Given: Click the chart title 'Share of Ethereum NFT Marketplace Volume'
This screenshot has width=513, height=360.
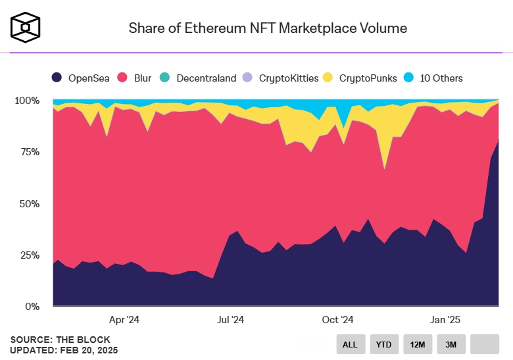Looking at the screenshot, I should tap(267, 28).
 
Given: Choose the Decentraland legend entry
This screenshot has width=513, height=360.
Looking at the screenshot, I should tap(198, 78).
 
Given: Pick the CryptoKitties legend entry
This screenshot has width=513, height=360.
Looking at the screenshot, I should tap(281, 78).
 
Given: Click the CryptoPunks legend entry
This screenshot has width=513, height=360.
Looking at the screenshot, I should tap(360, 78).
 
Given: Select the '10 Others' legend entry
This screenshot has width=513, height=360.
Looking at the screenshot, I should tap(433, 78).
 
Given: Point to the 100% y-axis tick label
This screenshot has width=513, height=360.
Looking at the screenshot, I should tap(27, 101).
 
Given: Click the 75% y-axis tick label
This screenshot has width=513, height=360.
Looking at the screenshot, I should tap(29, 152).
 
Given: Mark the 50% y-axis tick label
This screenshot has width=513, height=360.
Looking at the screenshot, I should tap(29, 203).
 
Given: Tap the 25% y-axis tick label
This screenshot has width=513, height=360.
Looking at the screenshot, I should tap(29, 255).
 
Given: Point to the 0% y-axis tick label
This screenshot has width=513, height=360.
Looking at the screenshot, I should tap(32, 306).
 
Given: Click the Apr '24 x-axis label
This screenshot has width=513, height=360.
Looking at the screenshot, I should tap(124, 320).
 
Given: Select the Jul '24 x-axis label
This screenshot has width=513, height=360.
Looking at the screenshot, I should tap(231, 320).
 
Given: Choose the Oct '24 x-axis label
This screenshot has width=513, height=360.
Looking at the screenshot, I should tap(338, 320).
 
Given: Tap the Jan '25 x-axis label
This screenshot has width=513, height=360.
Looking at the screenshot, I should tap(445, 320).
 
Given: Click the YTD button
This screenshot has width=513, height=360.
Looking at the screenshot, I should tap(383, 344).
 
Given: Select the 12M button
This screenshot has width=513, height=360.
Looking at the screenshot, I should tap(417, 344).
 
